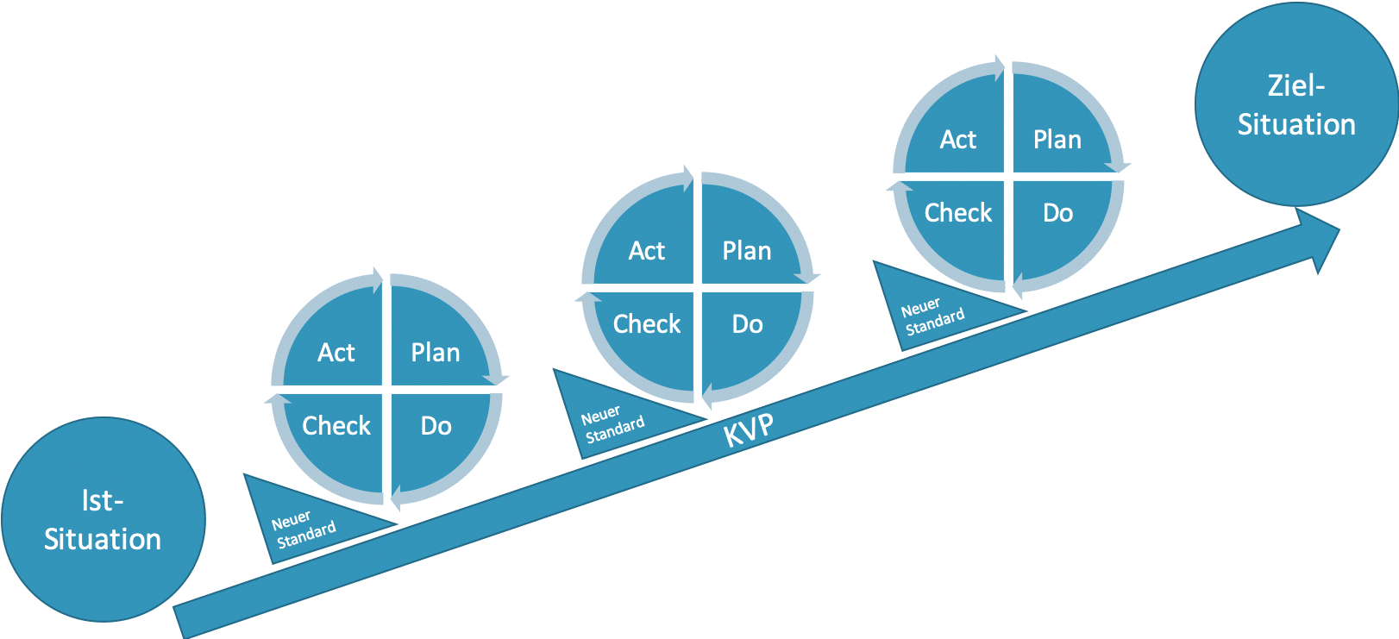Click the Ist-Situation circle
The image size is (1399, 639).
tap(103, 520)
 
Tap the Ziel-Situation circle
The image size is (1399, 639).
tap(1295, 104)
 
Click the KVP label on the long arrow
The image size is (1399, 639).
tap(748, 429)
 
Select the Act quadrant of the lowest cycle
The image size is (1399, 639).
tap(336, 352)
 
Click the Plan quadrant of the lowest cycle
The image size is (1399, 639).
tap(436, 352)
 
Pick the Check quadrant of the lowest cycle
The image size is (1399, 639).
tap(336, 425)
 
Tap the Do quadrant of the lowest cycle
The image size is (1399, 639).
tap(436, 425)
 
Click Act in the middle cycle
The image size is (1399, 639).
tap(647, 250)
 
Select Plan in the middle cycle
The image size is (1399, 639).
tap(747, 250)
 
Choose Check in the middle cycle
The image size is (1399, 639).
tap(647, 323)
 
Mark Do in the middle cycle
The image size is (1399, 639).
tap(747, 323)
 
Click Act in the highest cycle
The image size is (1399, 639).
tap(958, 139)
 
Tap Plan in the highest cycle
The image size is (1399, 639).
tap(1057, 139)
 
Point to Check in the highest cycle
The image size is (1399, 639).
tap(958, 212)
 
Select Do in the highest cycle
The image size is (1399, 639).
tap(1057, 212)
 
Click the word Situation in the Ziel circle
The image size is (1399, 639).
tap(1296, 124)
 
